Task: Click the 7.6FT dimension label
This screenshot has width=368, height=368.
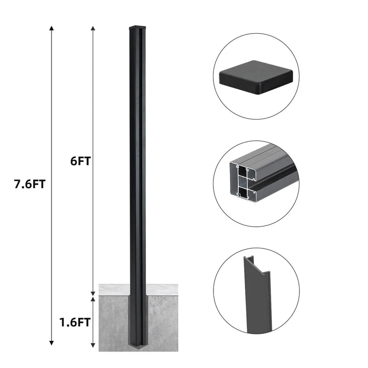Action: click(29, 184)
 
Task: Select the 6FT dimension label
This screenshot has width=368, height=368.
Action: click(80, 161)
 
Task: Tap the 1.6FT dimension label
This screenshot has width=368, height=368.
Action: click(75, 322)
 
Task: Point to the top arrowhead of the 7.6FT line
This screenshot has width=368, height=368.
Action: click(52, 29)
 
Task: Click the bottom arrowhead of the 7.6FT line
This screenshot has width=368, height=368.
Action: click(52, 343)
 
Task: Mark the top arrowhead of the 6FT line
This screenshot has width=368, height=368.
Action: click(93, 29)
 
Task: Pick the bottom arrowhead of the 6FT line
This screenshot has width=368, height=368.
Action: click(93, 293)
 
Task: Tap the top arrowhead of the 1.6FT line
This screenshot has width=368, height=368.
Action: click(93, 299)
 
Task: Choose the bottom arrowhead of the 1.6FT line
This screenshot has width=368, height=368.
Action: click(93, 345)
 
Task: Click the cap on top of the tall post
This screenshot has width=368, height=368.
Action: click(138, 28)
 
